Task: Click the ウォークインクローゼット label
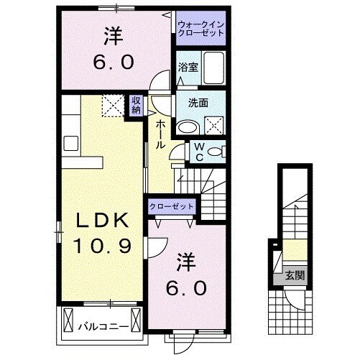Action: [x=200, y=30]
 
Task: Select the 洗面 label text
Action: [x=198, y=103]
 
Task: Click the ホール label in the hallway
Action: [x=160, y=133]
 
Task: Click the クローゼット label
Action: [x=172, y=206]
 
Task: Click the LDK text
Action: [x=101, y=220]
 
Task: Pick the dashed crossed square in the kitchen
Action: [x=113, y=106]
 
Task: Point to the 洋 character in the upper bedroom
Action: [x=112, y=34]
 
